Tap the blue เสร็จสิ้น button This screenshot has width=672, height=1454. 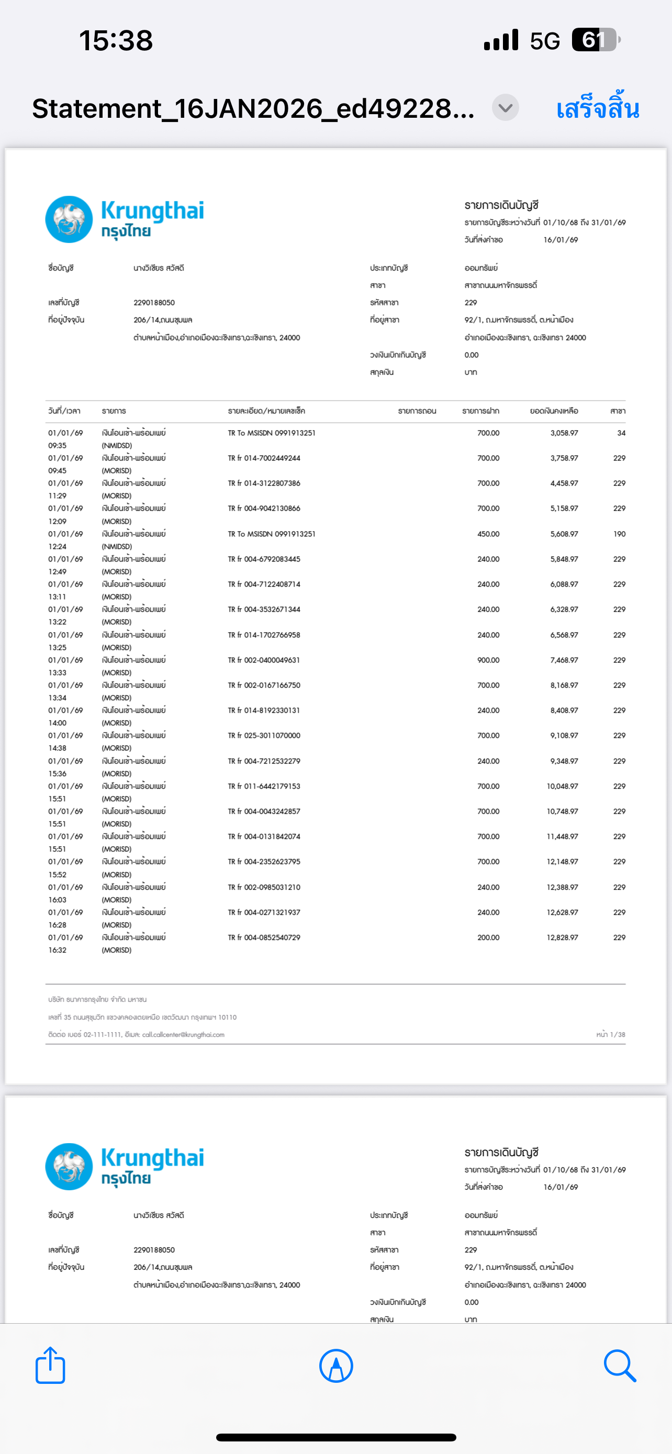point(597,108)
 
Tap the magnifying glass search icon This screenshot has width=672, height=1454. point(620,1366)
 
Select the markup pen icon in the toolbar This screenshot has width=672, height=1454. point(335,1366)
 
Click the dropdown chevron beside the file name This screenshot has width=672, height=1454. point(505,107)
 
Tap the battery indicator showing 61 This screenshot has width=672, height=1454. point(595,40)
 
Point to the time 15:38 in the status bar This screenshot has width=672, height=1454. point(116,41)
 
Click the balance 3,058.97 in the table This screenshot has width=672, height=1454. point(564,433)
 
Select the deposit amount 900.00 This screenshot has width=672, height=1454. point(488,660)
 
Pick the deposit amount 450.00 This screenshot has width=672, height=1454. point(488,534)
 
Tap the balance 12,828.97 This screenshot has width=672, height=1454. point(562,937)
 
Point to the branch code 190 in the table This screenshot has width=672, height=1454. point(619,534)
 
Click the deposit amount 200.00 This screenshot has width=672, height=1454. point(488,937)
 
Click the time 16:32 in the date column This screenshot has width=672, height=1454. point(57,950)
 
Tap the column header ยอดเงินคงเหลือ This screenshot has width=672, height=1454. point(554,411)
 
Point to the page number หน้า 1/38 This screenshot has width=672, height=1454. point(610,1035)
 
